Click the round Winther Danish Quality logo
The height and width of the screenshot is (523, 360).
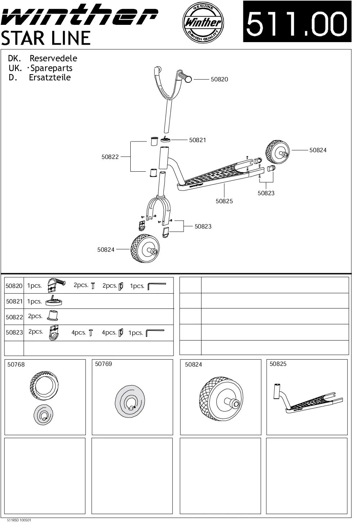click(202, 22)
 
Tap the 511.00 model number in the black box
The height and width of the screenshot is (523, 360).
click(297, 22)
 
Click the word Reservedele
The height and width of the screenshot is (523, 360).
click(53, 58)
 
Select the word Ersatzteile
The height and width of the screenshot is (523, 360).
click(50, 77)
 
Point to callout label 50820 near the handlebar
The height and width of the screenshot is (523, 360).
click(219, 80)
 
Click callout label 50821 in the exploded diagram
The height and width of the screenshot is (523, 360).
click(198, 140)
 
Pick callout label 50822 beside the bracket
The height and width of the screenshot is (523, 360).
click(110, 157)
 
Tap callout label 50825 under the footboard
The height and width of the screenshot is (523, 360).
click(224, 201)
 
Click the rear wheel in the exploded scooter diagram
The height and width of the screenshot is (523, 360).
click(277, 152)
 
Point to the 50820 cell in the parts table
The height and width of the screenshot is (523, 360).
click(14, 286)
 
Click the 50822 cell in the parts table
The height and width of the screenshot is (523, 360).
click(14, 317)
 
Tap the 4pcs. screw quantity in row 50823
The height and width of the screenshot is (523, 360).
click(78, 333)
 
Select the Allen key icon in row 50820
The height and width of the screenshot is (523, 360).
click(157, 287)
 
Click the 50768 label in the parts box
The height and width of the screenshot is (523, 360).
click(16, 365)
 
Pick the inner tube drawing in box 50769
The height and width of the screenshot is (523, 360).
click(130, 402)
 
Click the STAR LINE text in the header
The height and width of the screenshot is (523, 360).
click(46, 38)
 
